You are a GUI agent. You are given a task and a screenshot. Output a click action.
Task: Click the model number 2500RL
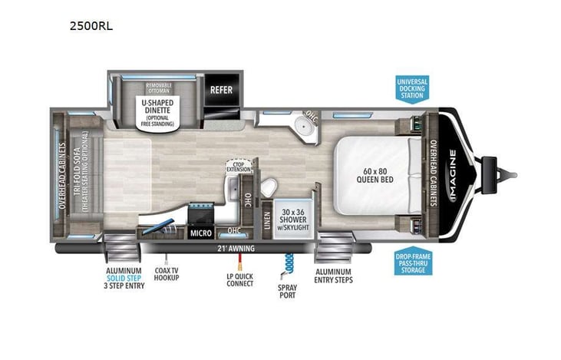coord(91,25)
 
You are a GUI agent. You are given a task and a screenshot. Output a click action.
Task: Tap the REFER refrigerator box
coord(221,89)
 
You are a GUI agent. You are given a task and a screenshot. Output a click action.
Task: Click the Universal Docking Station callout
coord(412,88)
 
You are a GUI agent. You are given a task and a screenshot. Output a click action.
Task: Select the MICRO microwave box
coord(201,233)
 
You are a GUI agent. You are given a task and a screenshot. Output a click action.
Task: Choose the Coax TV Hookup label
coord(166,272)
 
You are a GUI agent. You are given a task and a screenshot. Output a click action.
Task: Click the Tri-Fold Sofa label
coord(80,176)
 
